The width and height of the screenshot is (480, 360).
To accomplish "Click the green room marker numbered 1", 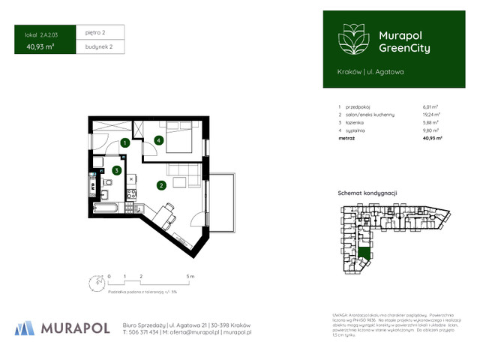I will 126,142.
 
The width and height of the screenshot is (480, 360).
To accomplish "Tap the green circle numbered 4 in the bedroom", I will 159,139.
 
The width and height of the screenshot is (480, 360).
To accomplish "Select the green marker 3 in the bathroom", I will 116,170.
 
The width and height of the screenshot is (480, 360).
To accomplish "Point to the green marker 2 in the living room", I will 160,184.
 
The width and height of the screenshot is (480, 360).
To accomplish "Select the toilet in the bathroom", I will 109,182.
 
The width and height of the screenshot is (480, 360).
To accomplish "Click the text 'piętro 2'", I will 94,33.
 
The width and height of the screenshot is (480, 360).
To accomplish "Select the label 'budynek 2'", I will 98,46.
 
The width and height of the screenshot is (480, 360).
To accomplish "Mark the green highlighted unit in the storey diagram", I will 364,253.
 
